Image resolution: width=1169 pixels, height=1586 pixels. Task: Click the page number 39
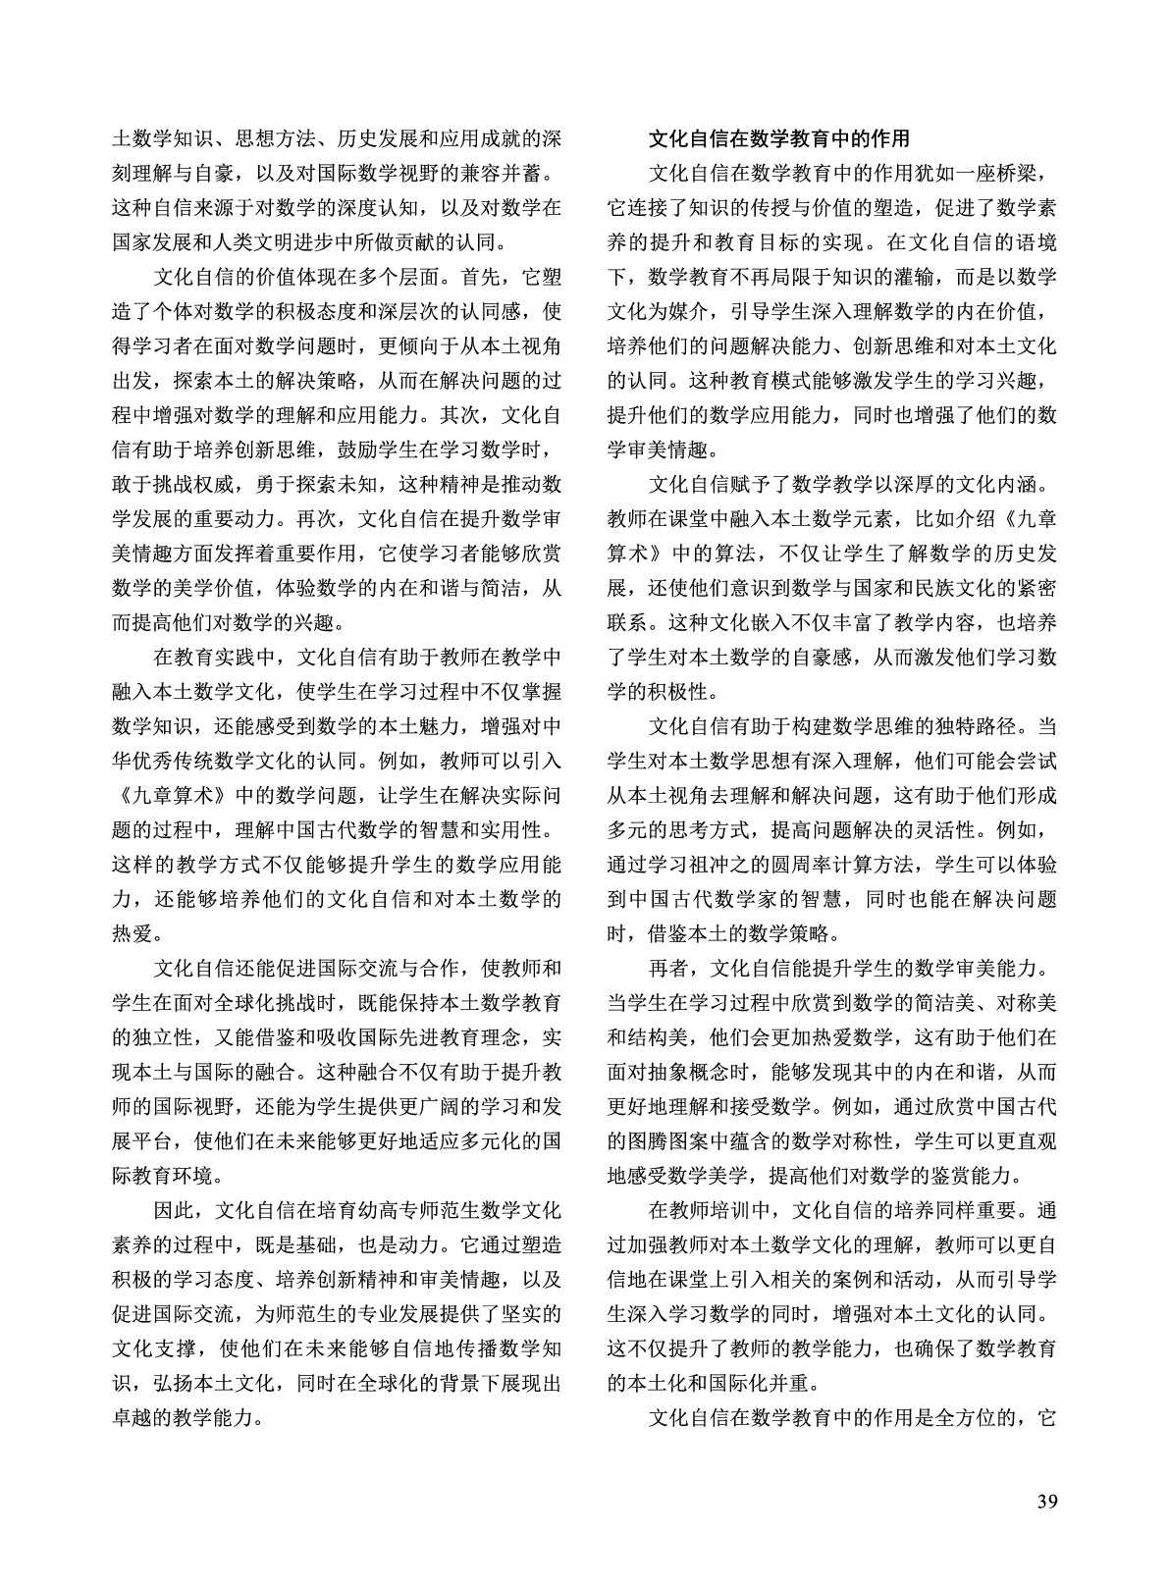click(x=1045, y=1502)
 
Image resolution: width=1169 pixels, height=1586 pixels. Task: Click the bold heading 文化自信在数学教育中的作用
click(x=778, y=139)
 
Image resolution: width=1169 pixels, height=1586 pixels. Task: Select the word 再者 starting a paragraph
click(x=670, y=969)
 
